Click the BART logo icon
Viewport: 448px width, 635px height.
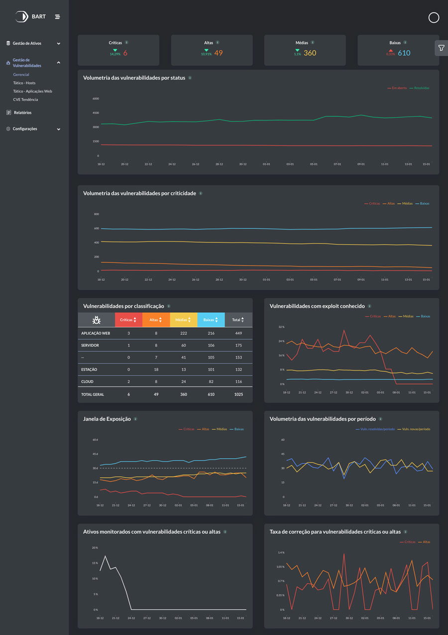point(21,17)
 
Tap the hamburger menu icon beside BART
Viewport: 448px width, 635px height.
point(57,17)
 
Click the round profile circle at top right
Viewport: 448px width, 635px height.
point(434,18)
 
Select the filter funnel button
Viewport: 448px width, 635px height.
point(441,48)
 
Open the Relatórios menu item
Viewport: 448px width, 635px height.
point(22,113)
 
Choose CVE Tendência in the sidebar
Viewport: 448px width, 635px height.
point(25,100)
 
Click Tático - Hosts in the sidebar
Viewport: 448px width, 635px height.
point(24,83)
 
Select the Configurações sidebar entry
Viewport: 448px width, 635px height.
point(25,129)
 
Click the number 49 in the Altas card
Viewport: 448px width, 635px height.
point(219,53)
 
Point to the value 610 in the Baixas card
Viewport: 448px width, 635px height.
point(404,53)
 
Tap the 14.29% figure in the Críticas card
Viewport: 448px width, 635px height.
point(115,54)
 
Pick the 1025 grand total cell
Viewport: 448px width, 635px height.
point(238,394)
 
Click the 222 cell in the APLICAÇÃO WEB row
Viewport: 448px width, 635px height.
point(184,333)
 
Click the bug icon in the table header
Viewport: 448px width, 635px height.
point(97,320)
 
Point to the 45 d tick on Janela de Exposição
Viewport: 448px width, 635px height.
point(95,454)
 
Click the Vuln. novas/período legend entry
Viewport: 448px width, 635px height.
point(416,429)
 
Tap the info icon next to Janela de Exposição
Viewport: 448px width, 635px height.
point(135,419)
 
